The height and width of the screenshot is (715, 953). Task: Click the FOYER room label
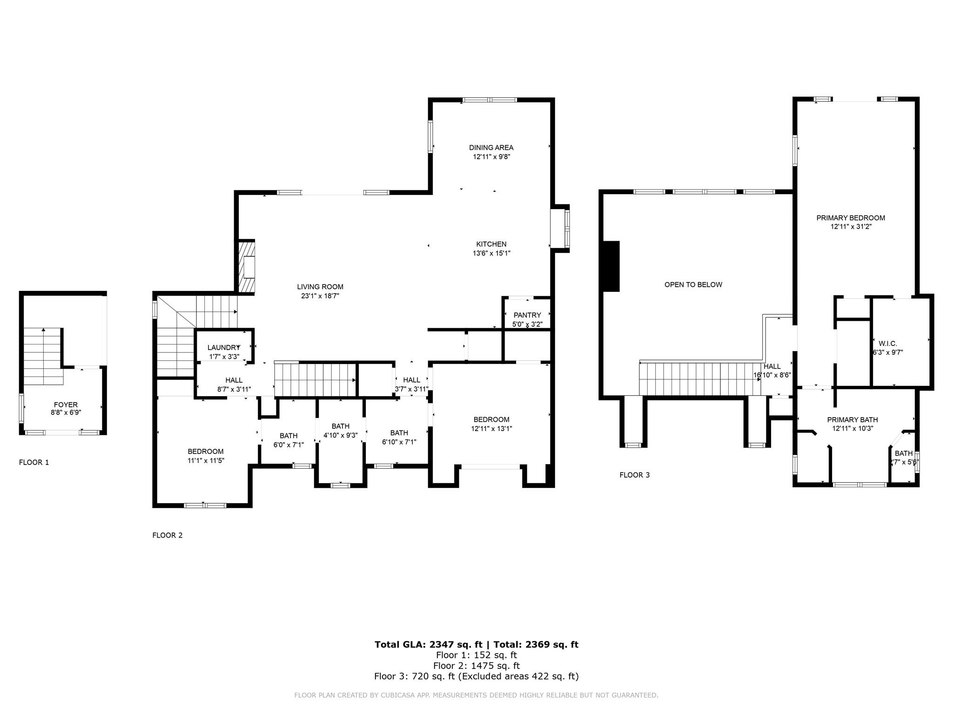pos(65,405)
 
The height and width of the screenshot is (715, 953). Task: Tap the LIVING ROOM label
pos(320,287)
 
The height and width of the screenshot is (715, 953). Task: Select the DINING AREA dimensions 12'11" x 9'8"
pos(491,157)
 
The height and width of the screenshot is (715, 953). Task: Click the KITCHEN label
pos(491,244)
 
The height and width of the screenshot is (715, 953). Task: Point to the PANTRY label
pos(527,315)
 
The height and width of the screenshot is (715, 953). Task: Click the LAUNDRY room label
pos(223,347)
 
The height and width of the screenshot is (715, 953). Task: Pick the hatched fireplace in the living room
pos(247,267)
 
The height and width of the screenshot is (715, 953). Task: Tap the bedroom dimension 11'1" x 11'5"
pos(206,460)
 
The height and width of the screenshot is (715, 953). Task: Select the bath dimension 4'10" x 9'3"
pos(340,435)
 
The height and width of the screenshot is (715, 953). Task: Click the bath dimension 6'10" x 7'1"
pos(399,442)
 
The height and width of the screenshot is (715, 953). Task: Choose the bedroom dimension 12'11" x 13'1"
pos(491,428)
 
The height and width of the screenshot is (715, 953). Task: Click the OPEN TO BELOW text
pos(693,284)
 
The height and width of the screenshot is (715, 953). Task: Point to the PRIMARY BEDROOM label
pos(851,218)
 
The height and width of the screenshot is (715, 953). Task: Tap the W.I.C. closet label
pos(887,344)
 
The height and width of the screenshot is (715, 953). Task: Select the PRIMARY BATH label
pos(852,420)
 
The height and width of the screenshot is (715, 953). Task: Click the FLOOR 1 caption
pos(34,462)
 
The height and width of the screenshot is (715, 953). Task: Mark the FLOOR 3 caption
pos(634,475)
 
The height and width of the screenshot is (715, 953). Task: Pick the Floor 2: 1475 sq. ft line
pos(476,666)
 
